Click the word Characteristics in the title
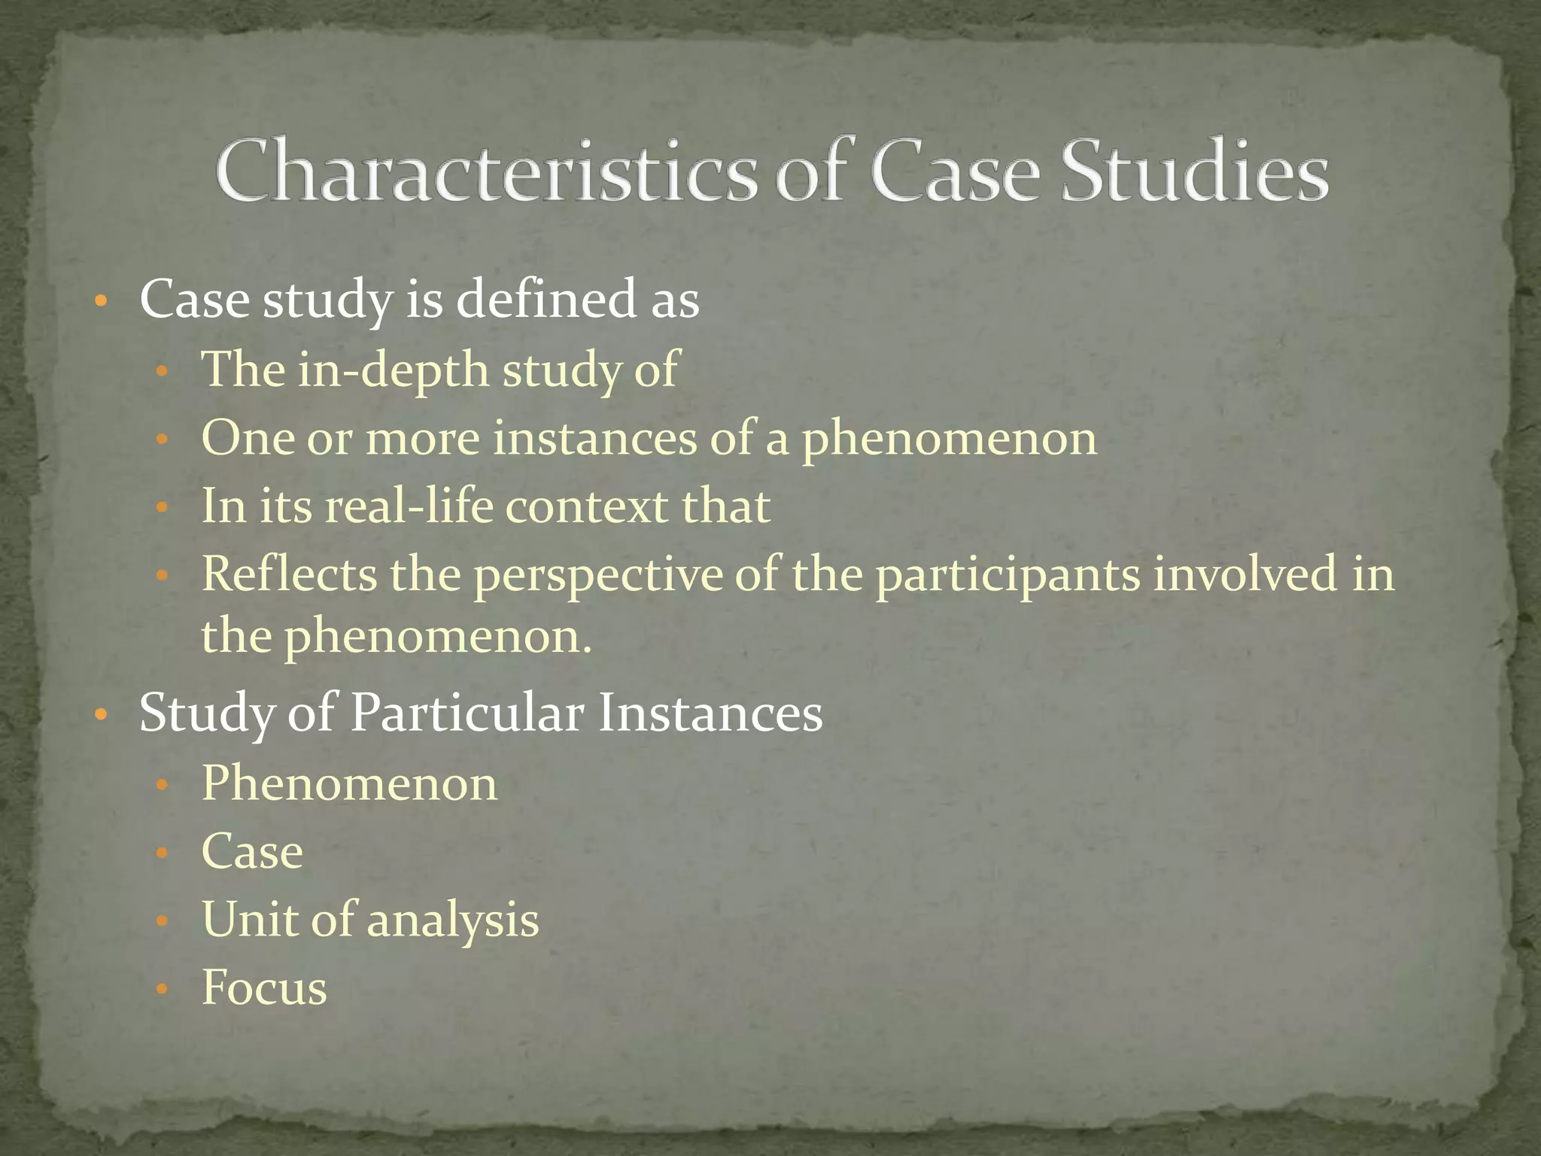click(485, 172)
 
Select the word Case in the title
click(956, 172)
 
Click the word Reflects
click(289, 573)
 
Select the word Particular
click(467, 713)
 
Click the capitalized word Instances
click(710, 713)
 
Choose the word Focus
click(264, 987)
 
